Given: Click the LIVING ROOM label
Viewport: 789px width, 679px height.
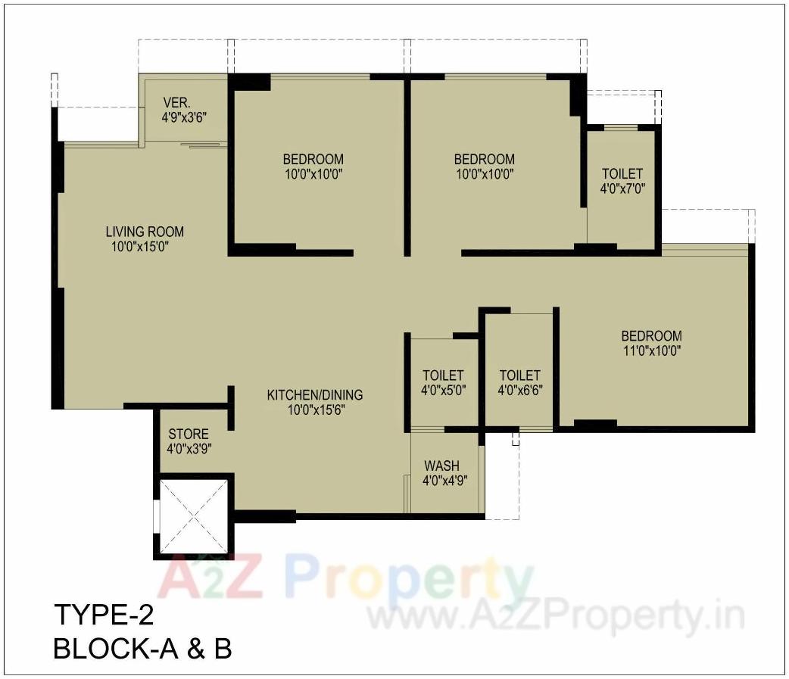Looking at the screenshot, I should [145, 232].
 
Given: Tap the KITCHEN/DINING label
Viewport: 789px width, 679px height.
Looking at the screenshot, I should [314, 394].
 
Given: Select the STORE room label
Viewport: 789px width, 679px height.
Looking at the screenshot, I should [189, 434].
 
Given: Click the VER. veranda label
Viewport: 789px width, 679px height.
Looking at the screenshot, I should [178, 102].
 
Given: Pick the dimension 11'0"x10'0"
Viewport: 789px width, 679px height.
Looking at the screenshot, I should [651, 350].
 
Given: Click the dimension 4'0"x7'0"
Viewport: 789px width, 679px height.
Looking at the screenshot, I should [622, 188].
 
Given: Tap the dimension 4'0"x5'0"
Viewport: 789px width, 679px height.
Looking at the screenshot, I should [443, 391].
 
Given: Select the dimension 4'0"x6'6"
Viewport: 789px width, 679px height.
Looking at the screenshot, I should [520, 391].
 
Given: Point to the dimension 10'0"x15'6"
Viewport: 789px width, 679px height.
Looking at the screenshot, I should [314, 410].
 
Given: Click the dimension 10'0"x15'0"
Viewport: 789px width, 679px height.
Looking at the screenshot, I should [145, 247].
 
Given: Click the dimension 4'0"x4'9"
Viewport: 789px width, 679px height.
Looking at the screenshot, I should [444, 480].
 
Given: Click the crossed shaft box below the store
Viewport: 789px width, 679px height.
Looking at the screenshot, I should [192, 516].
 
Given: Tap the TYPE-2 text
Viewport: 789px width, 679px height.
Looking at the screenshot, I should [103, 614].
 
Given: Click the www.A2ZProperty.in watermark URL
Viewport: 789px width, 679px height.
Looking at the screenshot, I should [556, 617].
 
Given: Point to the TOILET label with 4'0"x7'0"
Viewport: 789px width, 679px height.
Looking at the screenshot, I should [622, 173].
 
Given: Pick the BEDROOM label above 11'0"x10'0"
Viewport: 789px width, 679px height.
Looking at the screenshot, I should [651, 335].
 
